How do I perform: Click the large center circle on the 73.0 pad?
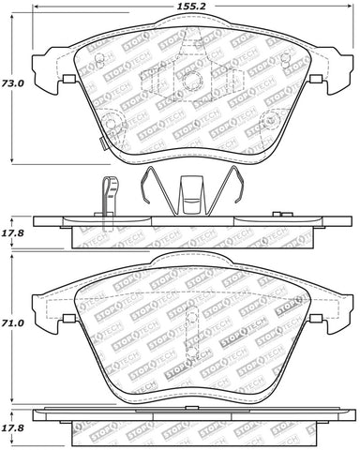click(x=187, y=82)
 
